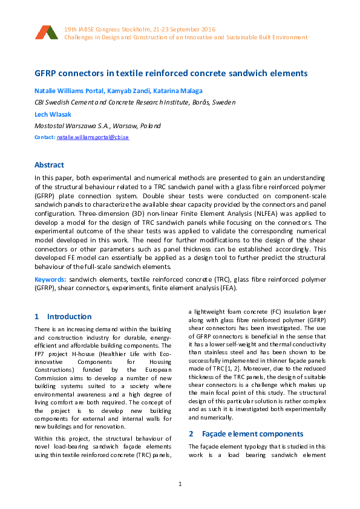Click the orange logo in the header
click(46, 33)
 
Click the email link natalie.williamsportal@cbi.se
click(93, 138)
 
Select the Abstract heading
click(49, 164)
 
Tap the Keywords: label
click(50, 280)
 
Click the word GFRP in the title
click(47, 74)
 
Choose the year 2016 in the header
click(206, 30)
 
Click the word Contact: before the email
click(45, 138)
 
